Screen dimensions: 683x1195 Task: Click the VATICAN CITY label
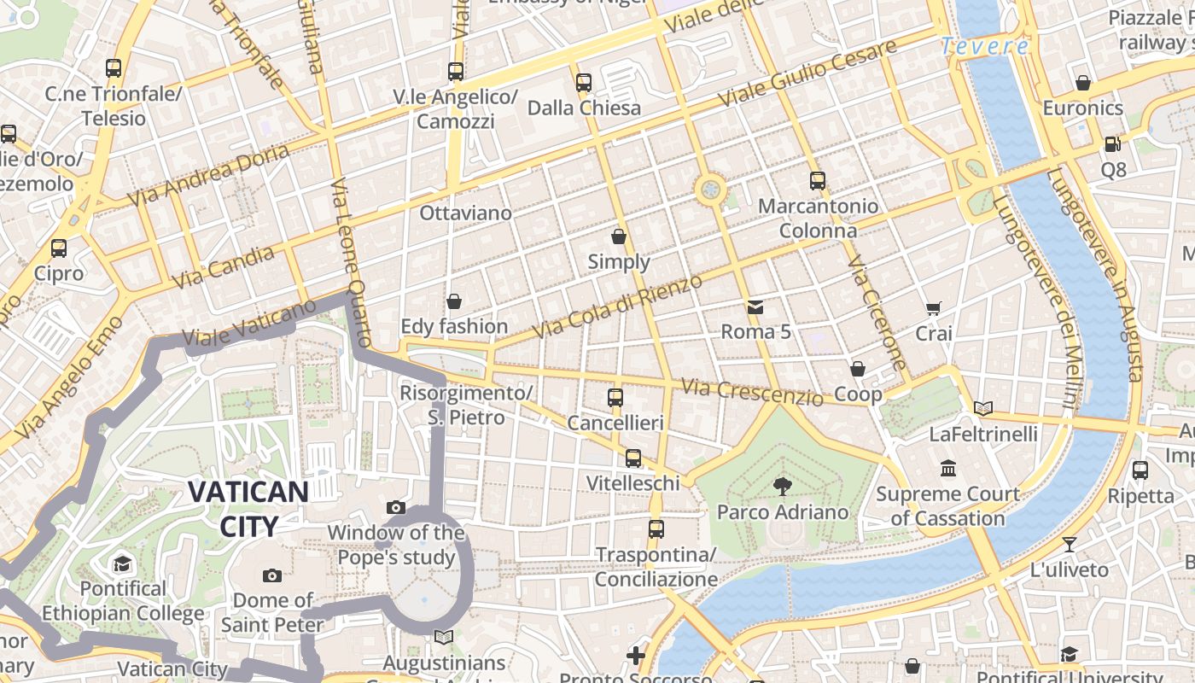point(248,508)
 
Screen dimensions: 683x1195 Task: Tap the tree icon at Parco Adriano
point(782,487)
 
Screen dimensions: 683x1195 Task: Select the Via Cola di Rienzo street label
point(616,306)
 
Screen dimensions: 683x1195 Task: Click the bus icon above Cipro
point(58,248)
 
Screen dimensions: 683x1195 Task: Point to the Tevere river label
point(984,46)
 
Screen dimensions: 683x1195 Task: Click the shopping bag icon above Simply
point(619,236)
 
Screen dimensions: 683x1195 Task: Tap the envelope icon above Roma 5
point(755,306)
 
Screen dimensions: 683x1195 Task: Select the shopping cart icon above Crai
point(933,308)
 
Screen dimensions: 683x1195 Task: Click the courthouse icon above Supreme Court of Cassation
point(948,468)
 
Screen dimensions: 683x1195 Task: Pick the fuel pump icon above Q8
point(1112,144)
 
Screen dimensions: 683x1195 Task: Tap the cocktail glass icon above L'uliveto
point(1069,544)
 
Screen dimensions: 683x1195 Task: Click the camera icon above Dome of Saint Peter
point(272,575)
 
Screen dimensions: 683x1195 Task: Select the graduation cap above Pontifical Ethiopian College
point(123,563)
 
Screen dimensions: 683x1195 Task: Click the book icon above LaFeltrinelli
point(983,408)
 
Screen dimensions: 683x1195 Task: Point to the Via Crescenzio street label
point(753,393)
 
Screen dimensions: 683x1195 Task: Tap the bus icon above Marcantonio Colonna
point(817,181)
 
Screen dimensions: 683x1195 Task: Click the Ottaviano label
point(465,213)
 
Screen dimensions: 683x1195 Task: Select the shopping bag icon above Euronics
point(1082,83)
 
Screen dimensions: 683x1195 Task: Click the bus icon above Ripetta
point(1140,470)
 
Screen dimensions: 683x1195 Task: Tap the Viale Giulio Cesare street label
point(807,73)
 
